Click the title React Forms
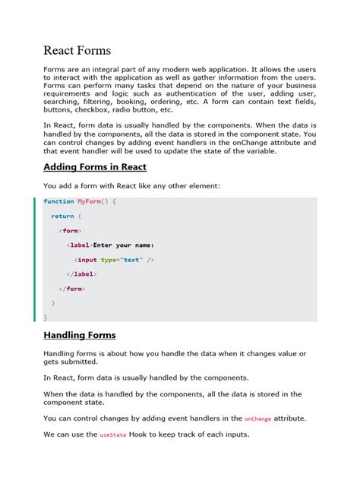77,51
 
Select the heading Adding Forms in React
95,166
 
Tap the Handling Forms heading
79,335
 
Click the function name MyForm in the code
87,201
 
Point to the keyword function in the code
58,201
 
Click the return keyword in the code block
62,216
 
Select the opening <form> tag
70,230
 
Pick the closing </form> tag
71,289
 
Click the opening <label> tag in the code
79,245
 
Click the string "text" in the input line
132,260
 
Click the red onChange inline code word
257,418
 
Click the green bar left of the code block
35,259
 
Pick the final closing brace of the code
45,317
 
